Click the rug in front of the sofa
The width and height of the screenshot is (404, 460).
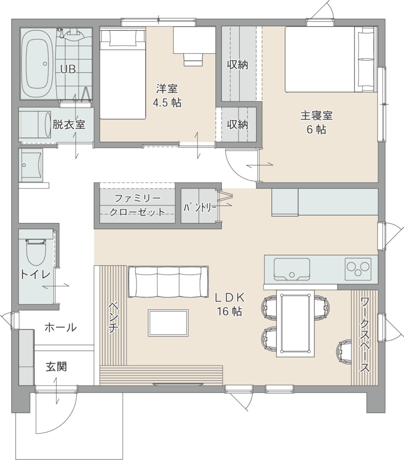point(168,323)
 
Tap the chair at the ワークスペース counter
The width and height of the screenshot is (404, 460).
point(345,352)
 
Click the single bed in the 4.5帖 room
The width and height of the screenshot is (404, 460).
point(123,73)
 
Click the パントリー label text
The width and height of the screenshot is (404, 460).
point(200,207)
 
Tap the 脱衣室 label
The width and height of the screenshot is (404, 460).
point(69,124)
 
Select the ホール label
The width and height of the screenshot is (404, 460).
point(60,327)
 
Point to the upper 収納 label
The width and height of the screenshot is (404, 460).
point(237,65)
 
